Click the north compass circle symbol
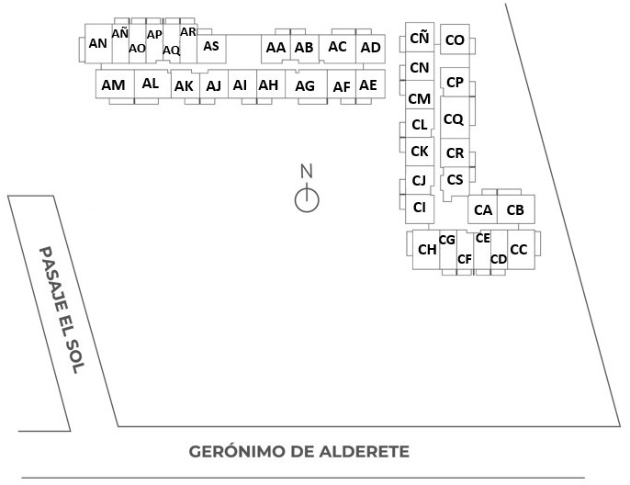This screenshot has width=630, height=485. [x=307, y=198]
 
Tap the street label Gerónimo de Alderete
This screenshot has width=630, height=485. [x=298, y=452]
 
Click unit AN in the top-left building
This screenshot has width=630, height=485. [x=98, y=43]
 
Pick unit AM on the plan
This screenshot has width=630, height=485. [x=113, y=85]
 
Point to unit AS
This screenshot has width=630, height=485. [x=211, y=45]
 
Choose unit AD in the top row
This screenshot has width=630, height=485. [x=370, y=47]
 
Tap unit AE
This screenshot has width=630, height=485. [x=368, y=85]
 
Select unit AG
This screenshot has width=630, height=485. [x=306, y=85]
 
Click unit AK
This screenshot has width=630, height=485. [x=184, y=85]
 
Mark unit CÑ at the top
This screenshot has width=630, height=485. [x=419, y=38]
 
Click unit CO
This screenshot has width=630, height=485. [x=454, y=39]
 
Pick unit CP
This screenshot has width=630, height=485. [x=455, y=83]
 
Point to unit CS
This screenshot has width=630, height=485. [x=455, y=179]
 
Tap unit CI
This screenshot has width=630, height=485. [x=420, y=207]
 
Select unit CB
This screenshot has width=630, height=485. [x=515, y=210]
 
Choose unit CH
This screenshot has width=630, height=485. [x=427, y=249]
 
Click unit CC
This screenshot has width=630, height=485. [x=519, y=249]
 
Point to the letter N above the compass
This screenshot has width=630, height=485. [x=307, y=171]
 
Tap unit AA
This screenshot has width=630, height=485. [x=275, y=47]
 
